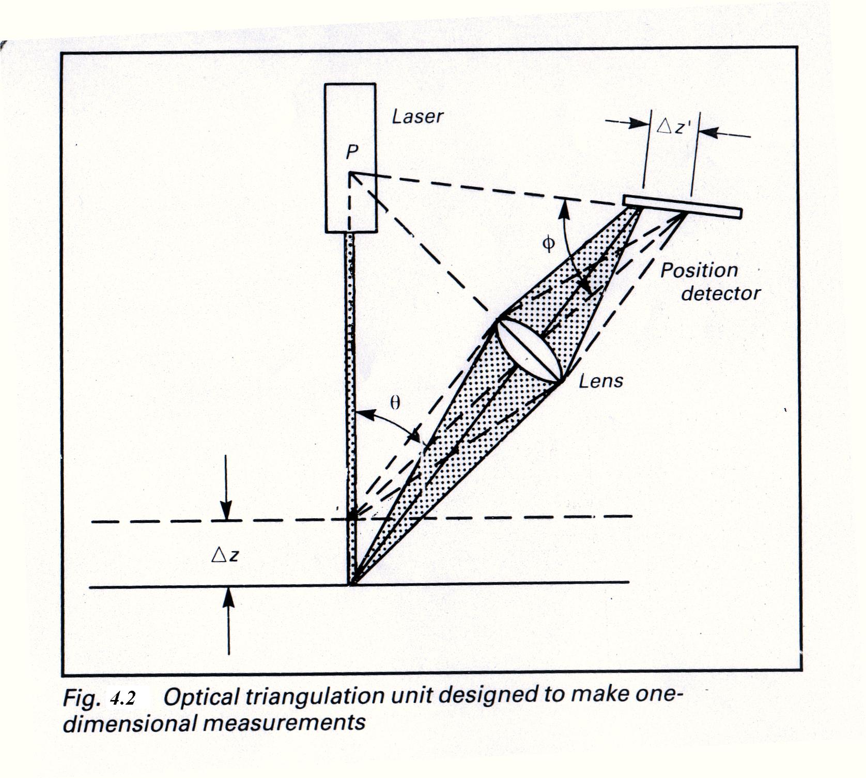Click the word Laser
coord(417,116)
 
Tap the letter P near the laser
coord(352,152)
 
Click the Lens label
coord(601,381)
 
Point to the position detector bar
coord(682,206)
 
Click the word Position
coord(699,270)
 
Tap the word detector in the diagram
coord(721,293)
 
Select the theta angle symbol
coord(395,402)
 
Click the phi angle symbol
coord(549,243)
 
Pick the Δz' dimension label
coord(673,126)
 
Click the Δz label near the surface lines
coord(225,555)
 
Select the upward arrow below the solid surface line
coord(228,620)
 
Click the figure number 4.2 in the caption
coord(122,698)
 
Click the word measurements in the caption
coord(284,722)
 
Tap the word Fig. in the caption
coord(81,698)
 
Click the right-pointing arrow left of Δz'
coord(628,123)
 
